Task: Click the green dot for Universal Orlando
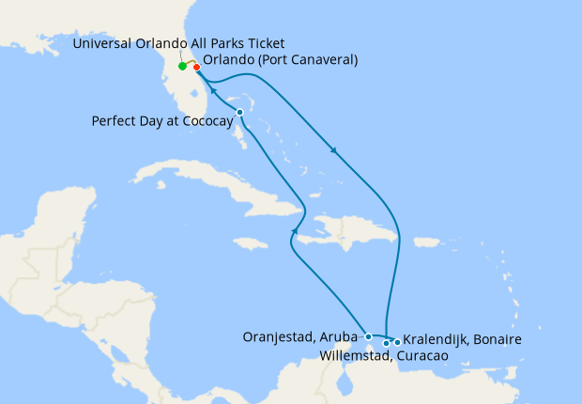click(182, 66)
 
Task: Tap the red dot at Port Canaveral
click(196, 67)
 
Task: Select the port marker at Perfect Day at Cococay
click(240, 113)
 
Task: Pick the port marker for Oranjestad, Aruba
click(369, 336)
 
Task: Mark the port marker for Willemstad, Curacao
click(386, 343)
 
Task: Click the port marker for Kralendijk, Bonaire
click(397, 342)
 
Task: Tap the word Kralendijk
click(436, 338)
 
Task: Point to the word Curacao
click(418, 356)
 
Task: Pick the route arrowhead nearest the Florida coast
click(213, 92)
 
